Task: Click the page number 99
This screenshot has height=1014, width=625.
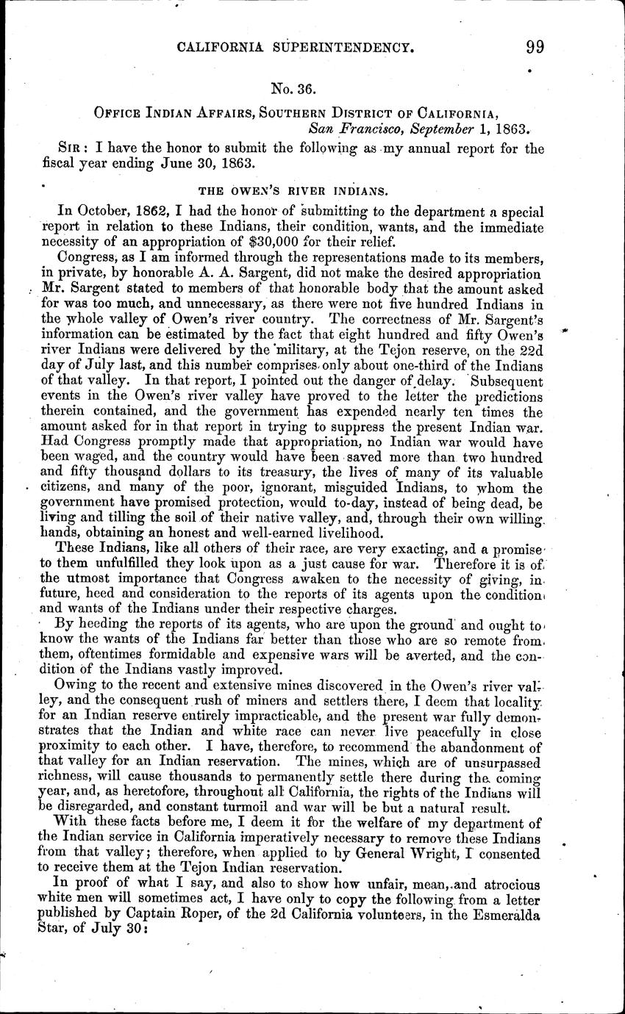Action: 535,47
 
